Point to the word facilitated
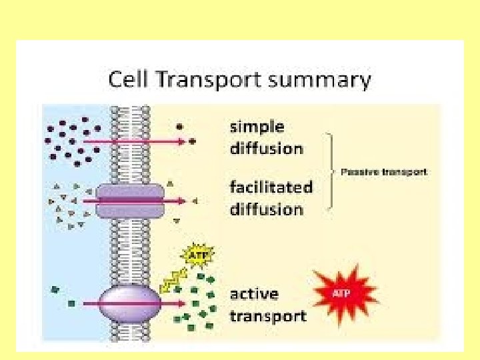click(271, 187)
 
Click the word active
click(254, 294)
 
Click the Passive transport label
click(384, 172)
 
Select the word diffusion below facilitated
click(266, 209)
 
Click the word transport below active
click(268, 315)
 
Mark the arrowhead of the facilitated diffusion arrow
click(183, 200)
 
